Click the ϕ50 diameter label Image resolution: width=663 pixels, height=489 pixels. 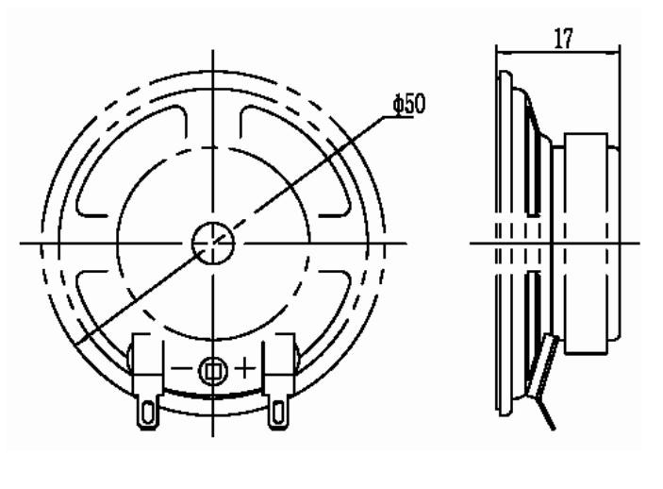(x=409, y=104)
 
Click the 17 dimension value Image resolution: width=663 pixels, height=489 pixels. (x=564, y=39)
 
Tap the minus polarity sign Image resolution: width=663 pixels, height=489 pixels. (x=181, y=368)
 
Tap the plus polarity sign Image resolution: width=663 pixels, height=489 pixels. (x=245, y=367)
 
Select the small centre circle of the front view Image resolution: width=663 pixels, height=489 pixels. (x=213, y=243)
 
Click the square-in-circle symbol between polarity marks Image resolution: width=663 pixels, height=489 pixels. (x=213, y=371)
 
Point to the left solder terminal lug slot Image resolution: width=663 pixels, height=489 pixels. (x=147, y=413)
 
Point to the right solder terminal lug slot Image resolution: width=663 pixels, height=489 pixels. (x=278, y=413)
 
